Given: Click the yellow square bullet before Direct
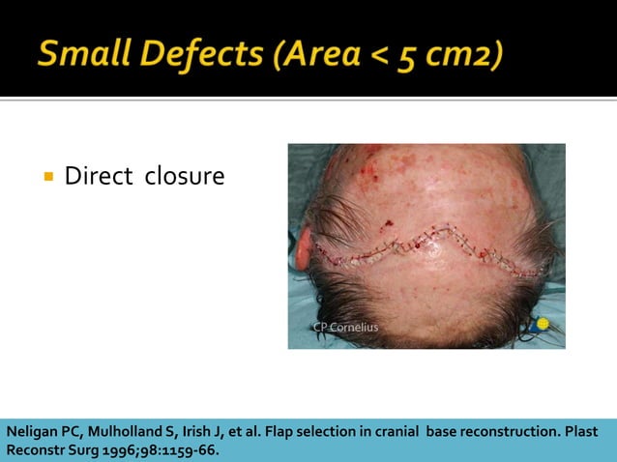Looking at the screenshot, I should (47, 177).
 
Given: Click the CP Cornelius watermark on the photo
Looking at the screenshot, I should (345, 327).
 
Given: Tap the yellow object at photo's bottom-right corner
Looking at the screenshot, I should (544, 325).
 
